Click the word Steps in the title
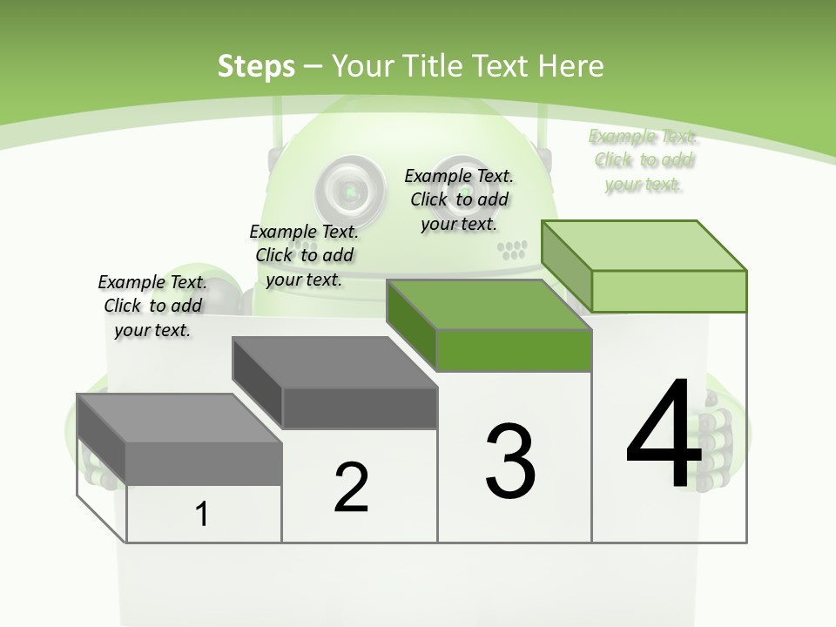[255, 65]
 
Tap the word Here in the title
[572, 65]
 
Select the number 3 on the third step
[509, 462]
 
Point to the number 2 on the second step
[351, 488]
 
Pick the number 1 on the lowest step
[202, 514]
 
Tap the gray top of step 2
[335, 361]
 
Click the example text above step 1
[152, 306]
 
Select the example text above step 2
[304, 255]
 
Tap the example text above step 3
[459, 199]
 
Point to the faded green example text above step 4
[644, 160]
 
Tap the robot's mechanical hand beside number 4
[719, 435]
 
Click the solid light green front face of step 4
[669, 291]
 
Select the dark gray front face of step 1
[204, 462]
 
